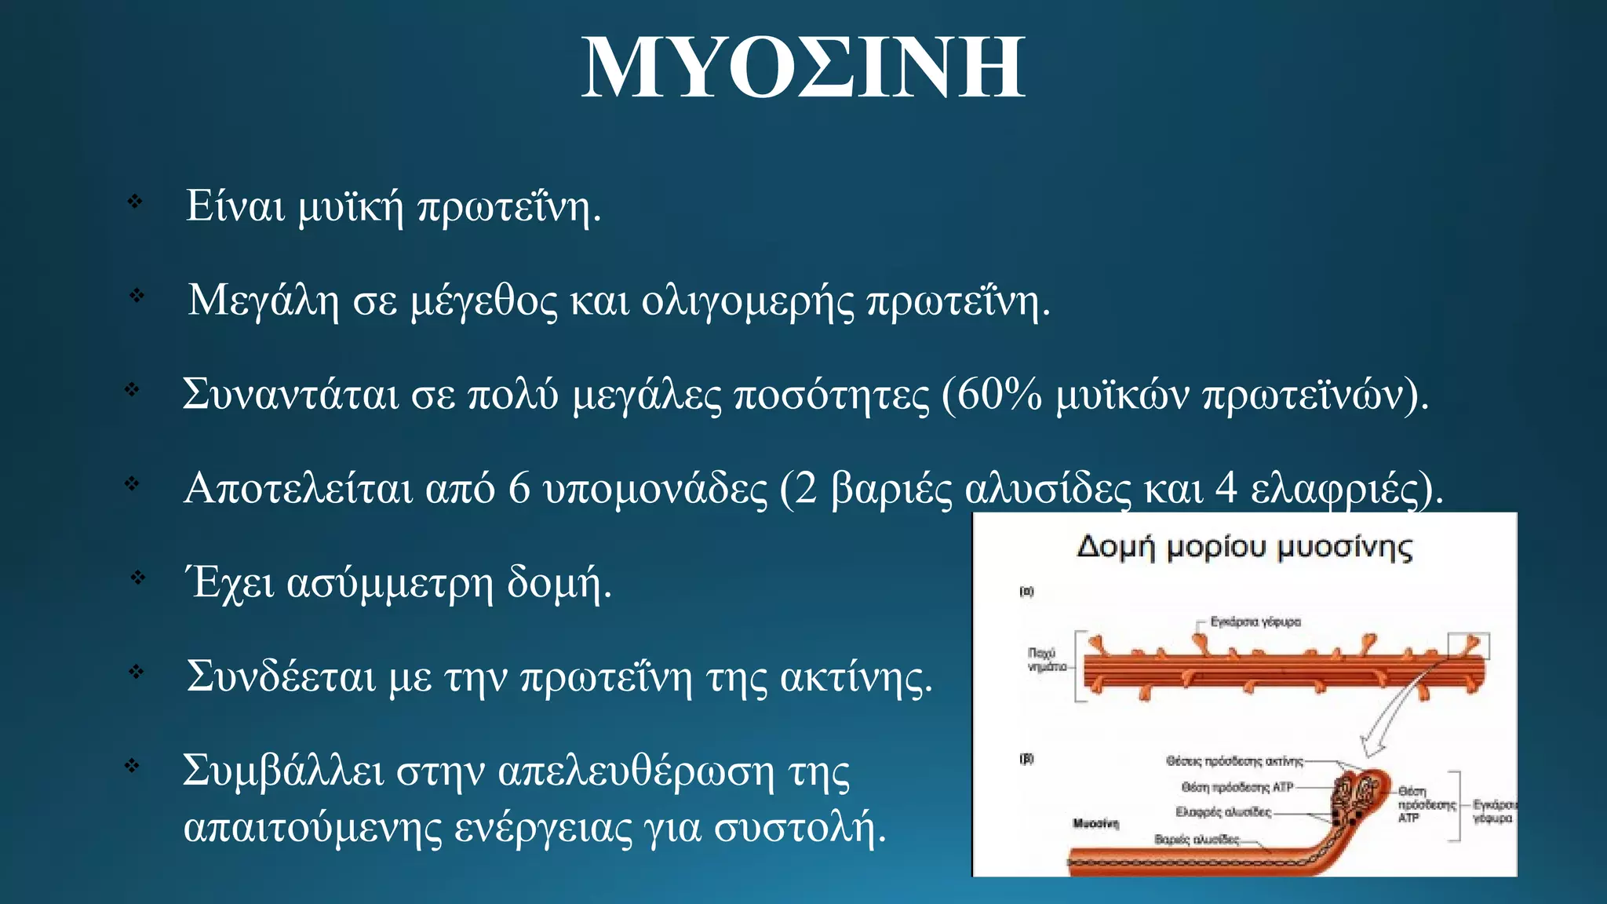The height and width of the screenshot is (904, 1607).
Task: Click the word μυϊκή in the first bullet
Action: pos(350,206)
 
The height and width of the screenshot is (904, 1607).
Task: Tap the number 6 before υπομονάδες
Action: pos(519,488)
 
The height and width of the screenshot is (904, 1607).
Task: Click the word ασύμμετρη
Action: pos(389,583)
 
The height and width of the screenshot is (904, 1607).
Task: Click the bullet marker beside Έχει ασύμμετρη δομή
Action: pos(138,578)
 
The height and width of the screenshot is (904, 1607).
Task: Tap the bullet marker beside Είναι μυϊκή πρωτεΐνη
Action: pos(135,202)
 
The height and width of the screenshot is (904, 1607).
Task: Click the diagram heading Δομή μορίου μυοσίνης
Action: pos(1244,548)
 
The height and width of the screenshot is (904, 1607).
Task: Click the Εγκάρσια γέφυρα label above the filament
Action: pos(1255,621)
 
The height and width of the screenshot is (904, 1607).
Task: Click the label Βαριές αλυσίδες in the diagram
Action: pos(1197,840)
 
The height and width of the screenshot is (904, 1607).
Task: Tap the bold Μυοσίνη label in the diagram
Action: pos(1095,823)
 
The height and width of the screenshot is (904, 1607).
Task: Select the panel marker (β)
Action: pos(1026,759)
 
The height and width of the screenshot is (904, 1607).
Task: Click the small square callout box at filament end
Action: pos(1468,646)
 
